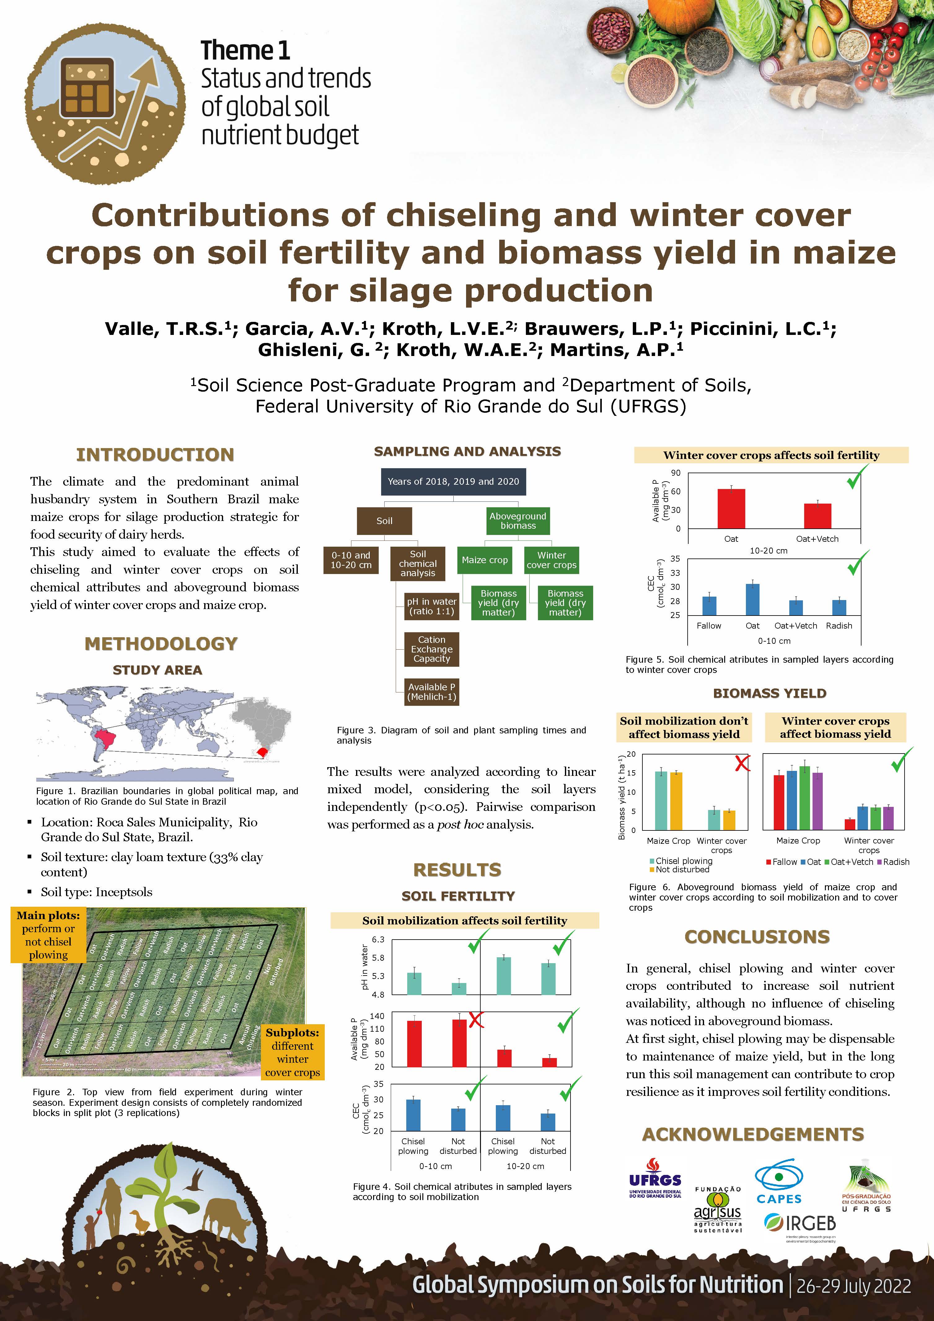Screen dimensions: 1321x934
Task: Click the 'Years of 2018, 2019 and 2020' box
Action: point(453,482)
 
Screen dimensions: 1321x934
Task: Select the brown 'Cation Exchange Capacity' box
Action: point(431,649)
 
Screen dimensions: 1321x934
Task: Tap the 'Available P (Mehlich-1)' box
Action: point(431,692)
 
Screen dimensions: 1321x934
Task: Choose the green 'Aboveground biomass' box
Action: point(518,521)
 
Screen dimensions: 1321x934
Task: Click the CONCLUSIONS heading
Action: point(757,937)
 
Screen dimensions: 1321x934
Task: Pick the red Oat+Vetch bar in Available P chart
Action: point(817,515)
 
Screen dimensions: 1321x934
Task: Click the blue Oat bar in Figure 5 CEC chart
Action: point(752,599)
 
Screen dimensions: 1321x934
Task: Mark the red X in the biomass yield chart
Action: point(742,763)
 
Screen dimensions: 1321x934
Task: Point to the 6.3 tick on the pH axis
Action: point(378,940)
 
